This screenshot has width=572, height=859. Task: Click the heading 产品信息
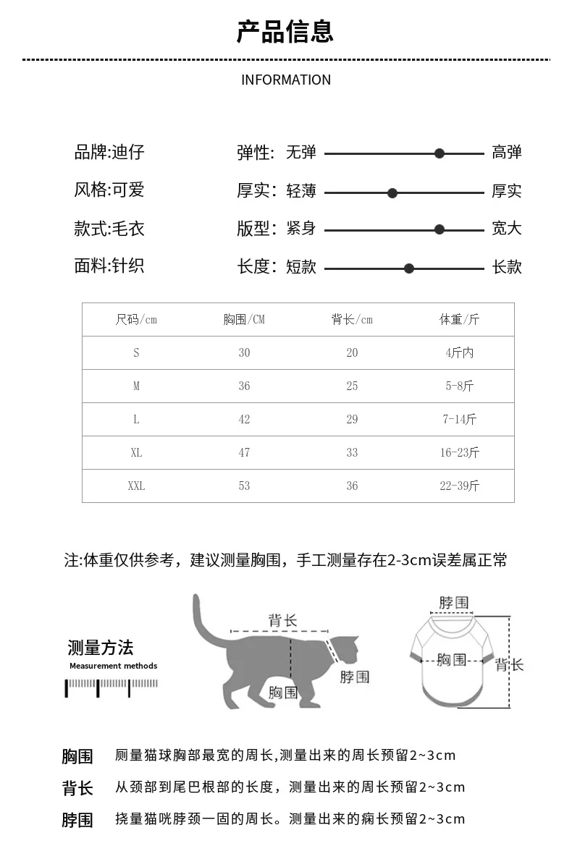pyautogui.click(x=285, y=33)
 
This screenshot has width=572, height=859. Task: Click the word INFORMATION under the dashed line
pyautogui.click(x=285, y=80)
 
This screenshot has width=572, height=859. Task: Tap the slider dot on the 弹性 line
pyautogui.click(x=439, y=153)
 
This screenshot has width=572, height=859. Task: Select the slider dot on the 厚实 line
pyautogui.click(x=392, y=192)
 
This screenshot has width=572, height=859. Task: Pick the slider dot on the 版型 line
pyautogui.click(x=439, y=229)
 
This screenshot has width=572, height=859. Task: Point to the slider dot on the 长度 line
pyautogui.click(x=409, y=268)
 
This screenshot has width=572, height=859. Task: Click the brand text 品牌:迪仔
pyautogui.click(x=109, y=153)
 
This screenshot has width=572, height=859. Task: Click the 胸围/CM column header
pyautogui.click(x=244, y=319)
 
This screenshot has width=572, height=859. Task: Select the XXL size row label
pyautogui.click(x=136, y=486)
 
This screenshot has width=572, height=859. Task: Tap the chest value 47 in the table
pyautogui.click(x=244, y=452)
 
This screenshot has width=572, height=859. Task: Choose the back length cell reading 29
pyautogui.click(x=352, y=419)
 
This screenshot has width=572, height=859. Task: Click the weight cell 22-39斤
pyautogui.click(x=459, y=486)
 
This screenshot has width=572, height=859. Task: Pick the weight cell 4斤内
pyautogui.click(x=459, y=352)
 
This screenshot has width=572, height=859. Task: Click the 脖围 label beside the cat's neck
pyautogui.click(x=354, y=677)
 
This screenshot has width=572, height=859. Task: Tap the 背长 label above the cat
pyautogui.click(x=282, y=620)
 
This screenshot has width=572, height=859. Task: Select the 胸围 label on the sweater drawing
pyautogui.click(x=452, y=659)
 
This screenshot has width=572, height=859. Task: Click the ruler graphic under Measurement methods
pyautogui.click(x=112, y=687)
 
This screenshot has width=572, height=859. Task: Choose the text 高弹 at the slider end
pyautogui.click(x=507, y=153)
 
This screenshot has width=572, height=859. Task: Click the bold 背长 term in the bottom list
pyautogui.click(x=77, y=788)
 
